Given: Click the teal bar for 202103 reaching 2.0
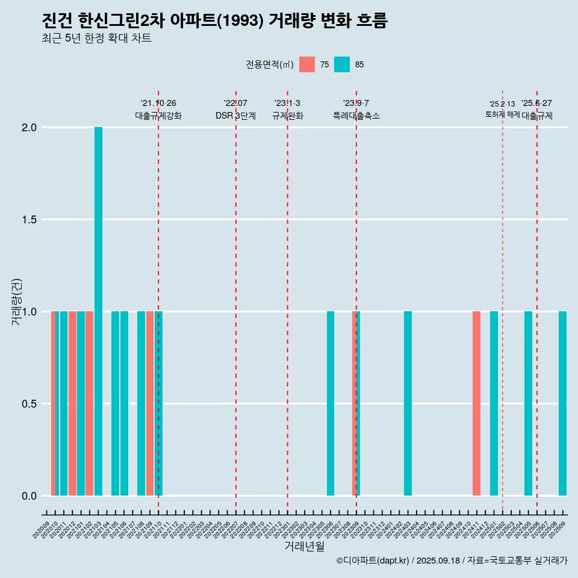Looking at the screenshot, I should [98, 311].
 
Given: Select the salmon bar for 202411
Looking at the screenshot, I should [476, 403].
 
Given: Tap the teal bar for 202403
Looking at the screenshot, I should [408, 403].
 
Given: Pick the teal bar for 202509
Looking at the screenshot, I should [562, 403].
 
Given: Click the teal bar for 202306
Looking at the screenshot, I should [331, 403].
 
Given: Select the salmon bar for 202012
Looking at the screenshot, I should [72, 403].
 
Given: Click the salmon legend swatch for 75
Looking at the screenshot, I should [307, 64].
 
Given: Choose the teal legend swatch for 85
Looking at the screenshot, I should [342, 64].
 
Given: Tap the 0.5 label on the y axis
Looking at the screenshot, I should [29, 404].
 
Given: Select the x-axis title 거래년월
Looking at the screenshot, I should [304, 546].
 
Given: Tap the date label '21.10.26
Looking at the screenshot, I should [158, 104].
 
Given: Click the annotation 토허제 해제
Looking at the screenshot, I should [502, 114].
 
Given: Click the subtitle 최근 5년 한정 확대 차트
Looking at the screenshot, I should [96, 39].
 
